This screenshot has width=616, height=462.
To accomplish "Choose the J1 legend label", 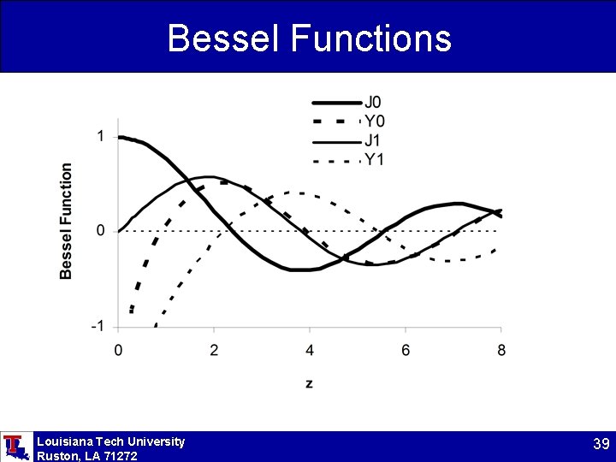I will (x=374, y=140).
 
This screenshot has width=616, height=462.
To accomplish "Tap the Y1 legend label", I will (x=374, y=159).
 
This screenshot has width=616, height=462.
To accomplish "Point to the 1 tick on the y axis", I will (x=101, y=136).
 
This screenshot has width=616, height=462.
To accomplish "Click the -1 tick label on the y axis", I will (x=98, y=326).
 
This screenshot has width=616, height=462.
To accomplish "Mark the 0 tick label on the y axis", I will (x=101, y=231).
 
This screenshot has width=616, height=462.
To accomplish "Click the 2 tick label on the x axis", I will (x=214, y=350).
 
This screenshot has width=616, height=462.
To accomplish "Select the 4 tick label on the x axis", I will (x=310, y=350).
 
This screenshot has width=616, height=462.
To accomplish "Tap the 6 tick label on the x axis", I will (x=406, y=350).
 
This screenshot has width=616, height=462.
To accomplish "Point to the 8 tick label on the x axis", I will (x=501, y=350).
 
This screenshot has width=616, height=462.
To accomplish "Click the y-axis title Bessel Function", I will (x=67, y=221).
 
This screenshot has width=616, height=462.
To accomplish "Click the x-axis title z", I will (x=309, y=383).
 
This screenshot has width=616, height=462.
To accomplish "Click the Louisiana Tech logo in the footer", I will (x=16, y=447).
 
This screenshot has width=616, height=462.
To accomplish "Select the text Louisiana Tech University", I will (x=110, y=441).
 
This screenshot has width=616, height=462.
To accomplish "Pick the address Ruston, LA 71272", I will (x=86, y=456).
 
